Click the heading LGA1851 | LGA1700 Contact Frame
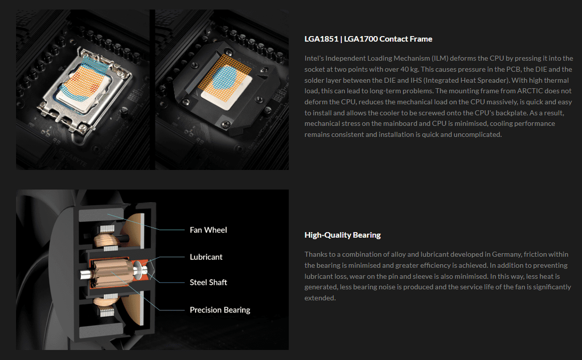(368, 39)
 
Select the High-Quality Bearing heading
(342, 235)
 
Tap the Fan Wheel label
(208, 230)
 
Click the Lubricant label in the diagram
(206, 257)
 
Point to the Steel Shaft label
(208, 282)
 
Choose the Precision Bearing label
(220, 310)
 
